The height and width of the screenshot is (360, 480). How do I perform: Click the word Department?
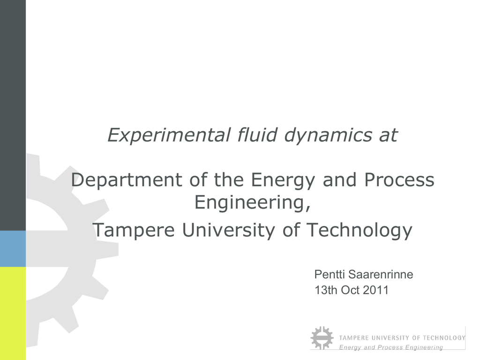[127, 180]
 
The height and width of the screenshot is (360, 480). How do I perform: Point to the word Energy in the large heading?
[283, 180]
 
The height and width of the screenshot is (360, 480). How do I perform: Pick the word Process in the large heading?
[399, 180]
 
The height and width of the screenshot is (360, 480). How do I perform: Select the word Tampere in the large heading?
[134, 231]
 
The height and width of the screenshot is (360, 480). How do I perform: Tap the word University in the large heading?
[228, 231]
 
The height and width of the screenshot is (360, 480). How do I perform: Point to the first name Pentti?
[330, 274]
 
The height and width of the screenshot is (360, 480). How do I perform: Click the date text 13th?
[326, 290]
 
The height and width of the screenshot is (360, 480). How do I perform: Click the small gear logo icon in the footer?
[322, 338]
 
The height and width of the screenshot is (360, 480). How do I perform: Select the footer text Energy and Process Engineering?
[391, 347]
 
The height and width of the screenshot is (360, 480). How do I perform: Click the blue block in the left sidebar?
[13, 249]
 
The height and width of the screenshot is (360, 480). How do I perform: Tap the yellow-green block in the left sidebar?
[13, 314]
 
